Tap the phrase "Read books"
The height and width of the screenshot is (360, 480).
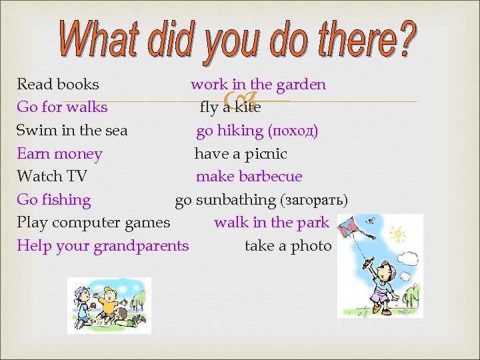point(58,85)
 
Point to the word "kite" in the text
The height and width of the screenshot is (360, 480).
point(247,107)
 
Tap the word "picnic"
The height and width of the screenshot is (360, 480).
point(265,154)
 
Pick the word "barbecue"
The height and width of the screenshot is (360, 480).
point(270,177)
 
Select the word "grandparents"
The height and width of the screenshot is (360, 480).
point(141,246)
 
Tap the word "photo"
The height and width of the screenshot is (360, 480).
point(311,246)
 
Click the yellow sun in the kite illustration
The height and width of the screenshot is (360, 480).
point(398,234)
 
